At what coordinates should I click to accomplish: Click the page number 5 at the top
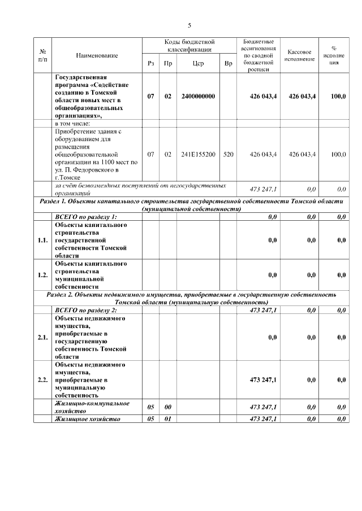click(x=189, y=25)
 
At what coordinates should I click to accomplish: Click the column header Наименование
click(x=97, y=55)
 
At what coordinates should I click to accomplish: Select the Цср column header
click(x=198, y=64)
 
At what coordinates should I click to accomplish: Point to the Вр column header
click(x=228, y=64)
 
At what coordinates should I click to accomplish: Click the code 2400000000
click(x=198, y=97)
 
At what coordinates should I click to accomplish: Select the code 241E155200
click(x=198, y=154)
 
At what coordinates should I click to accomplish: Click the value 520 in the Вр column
click(x=228, y=154)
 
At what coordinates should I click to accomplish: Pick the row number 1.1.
click(x=42, y=241)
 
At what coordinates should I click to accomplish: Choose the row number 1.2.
click(x=42, y=275)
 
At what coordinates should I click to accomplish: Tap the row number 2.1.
click(x=42, y=338)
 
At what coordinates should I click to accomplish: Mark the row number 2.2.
click(x=42, y=381)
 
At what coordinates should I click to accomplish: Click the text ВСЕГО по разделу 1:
click(x=85, y=217)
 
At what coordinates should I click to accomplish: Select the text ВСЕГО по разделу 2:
click(x=85, y=311)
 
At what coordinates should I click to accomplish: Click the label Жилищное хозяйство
click(x=87, y=419)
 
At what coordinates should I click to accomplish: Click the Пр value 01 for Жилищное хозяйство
click(x=168, y=419)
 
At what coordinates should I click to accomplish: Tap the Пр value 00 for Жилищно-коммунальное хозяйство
click(x=168, y=407)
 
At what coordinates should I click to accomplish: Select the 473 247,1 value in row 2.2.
click(x=263, y=381)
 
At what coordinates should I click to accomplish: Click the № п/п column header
click(x=42, y=55)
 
